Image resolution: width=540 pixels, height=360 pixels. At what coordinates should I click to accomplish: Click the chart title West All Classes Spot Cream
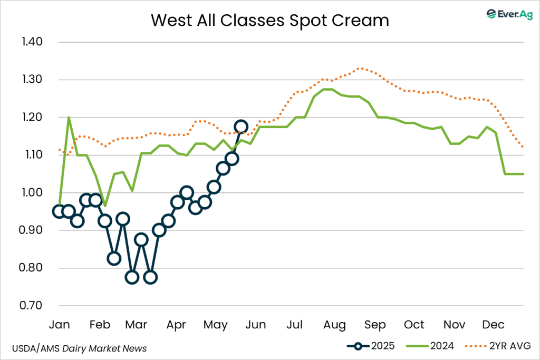(x=270, y=20)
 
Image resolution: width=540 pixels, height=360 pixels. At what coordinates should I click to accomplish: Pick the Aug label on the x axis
(x=335, y=324)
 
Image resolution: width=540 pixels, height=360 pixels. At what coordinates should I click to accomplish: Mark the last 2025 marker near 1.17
(x=241, y=127)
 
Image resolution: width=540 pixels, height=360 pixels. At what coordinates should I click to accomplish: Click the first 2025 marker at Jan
(x=59, y=211)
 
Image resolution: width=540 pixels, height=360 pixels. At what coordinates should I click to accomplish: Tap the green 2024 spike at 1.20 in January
(x=69, y=118)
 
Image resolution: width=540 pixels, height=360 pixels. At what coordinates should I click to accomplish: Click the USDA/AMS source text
(x=36, y=348)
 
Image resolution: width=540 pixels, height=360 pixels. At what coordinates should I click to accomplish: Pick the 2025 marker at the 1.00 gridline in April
(x=186, y=192)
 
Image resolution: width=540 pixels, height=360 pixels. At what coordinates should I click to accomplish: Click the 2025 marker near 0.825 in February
(x=114, y=258)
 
